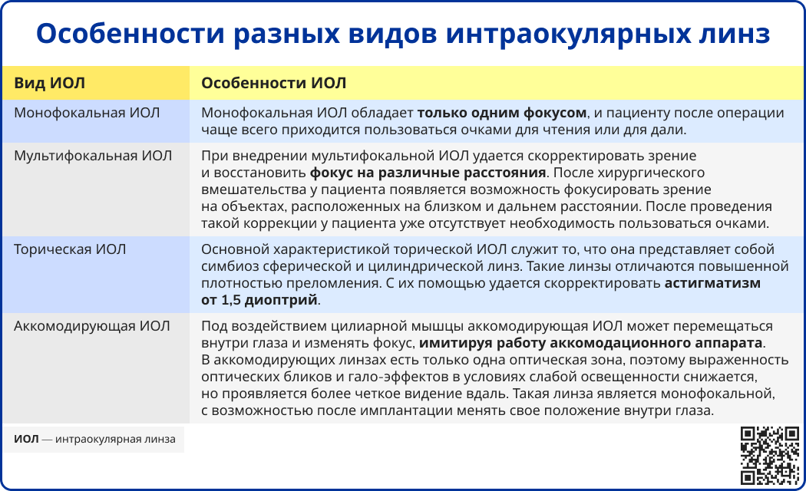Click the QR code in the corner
point(769,455)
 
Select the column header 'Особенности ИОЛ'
point(273,82)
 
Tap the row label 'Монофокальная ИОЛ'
point(87,113)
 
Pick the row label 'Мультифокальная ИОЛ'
point(94,156)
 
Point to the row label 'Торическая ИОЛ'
point(70,249)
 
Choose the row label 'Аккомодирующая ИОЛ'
point(92,325)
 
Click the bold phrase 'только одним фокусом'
point(502,113)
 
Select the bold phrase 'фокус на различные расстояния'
point(428,173)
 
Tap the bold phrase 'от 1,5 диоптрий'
point(259,300)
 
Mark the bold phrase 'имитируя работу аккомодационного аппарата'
point(592,343)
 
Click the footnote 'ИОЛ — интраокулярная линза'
point(94,440)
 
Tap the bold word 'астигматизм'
point(712,283)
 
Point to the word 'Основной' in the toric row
point(232,249)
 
